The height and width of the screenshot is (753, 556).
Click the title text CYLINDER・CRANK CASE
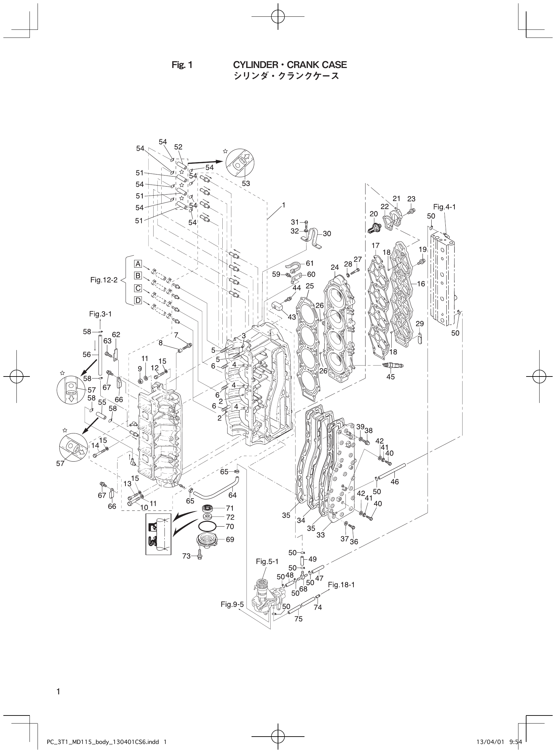[x=290, y=65]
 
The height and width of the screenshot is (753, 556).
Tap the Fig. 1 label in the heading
[x=182, y=65]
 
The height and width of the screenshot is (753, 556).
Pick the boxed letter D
[x=138, y=300]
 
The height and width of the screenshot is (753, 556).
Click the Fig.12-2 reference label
[x=104, y=280]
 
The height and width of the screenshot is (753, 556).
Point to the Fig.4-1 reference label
[x=444, y=207]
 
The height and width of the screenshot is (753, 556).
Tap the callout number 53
[x=246, y=183]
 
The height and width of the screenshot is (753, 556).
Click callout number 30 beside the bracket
[x=327, y=233]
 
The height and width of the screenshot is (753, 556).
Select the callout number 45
[x=390, y=377]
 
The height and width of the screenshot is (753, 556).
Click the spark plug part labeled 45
[x=392, y=365]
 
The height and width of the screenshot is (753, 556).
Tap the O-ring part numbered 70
[x=207, y=527]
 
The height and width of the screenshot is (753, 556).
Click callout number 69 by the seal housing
[x=230, y=540]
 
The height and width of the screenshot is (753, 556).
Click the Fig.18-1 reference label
[x=341, y=585]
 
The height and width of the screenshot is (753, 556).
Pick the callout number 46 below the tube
[x=394, y=482]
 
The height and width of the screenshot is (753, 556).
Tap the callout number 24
[x=335, y=267]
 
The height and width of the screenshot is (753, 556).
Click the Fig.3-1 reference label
[x=100, y=314]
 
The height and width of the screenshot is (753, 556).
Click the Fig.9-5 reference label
[x=232, y=604]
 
